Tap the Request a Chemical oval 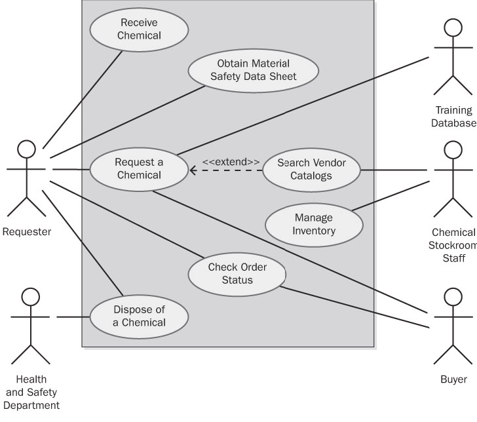pyautogui.click(x=138, y=168)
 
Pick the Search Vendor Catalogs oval pyautogui.click(x=311, y=168)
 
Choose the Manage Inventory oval pyautogui.click(x=314, y=224)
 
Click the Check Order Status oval pyautogui.click(x=237, y=273)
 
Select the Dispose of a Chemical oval pyautogui.click(x=138, y=315)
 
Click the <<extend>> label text pyautogui.click(x=231, y=161)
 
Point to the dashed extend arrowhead pyautogui.click(x=193, y=171)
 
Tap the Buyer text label pyautogui.click(x=453, y=379)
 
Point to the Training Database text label pyautogui.click(x=453, y=117)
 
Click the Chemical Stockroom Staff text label pyautogui.click(x=453, y=245)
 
